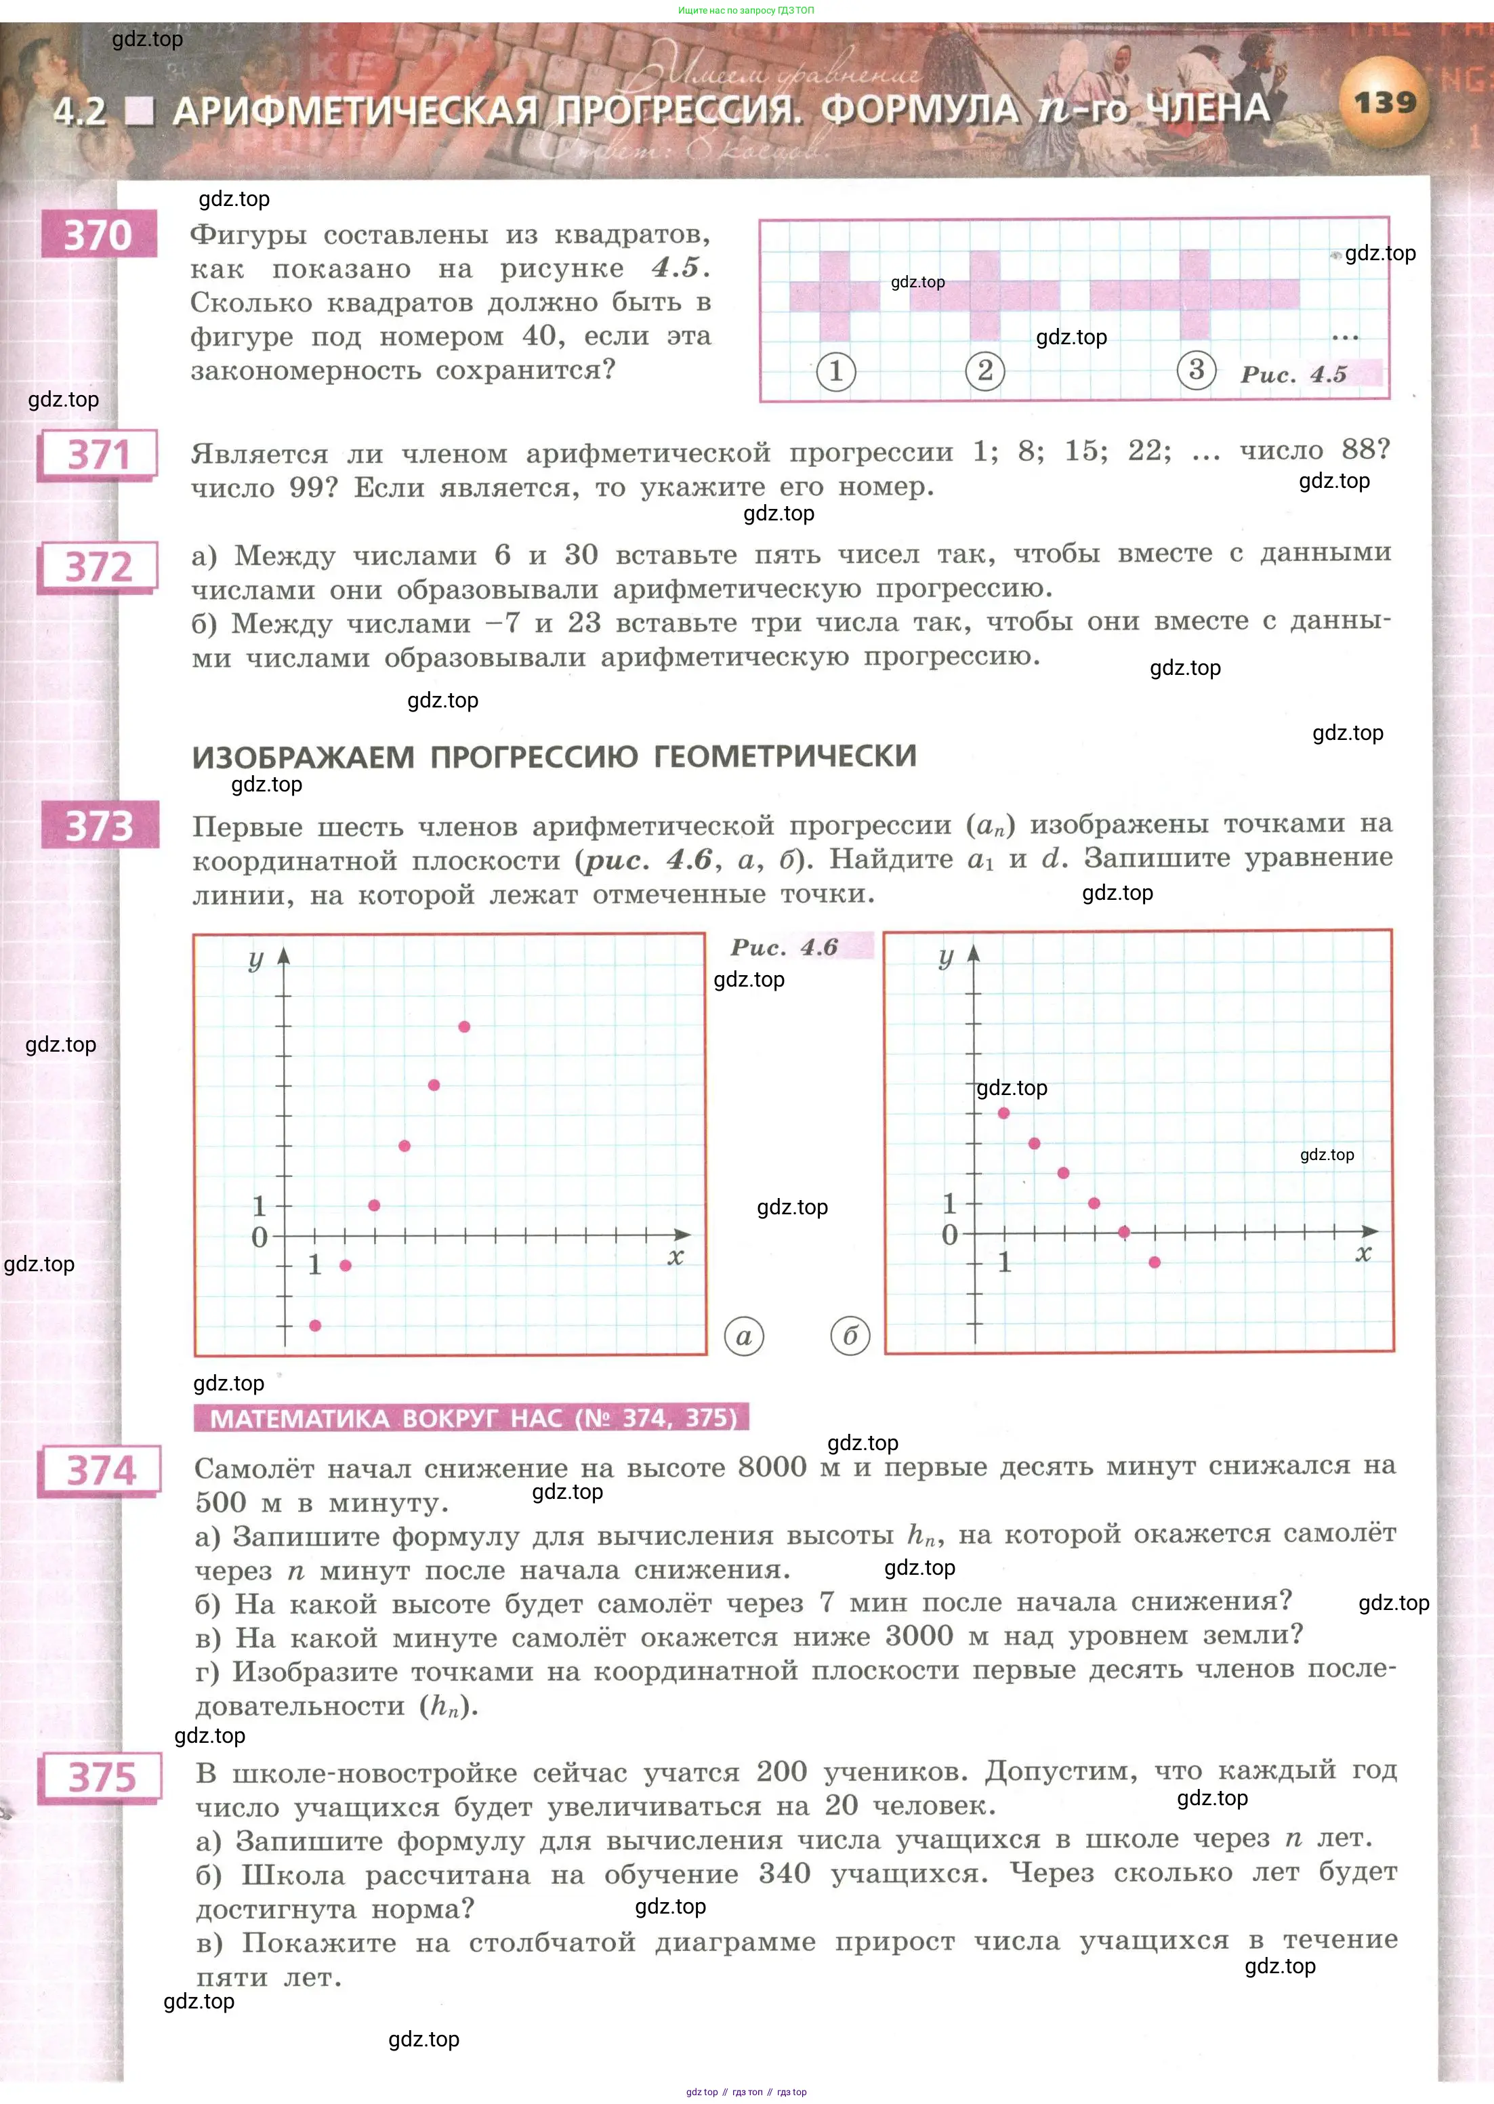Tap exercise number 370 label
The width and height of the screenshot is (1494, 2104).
[98, 236]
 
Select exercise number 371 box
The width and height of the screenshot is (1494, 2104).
[98, 455]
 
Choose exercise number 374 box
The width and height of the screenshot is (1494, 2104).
[100, 1470]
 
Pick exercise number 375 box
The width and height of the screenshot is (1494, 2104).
[101, 1777]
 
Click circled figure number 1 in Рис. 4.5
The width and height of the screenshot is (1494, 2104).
[835, 372]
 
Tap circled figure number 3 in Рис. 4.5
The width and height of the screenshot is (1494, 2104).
[1196, 371]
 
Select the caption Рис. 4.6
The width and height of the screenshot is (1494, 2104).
[784, 947]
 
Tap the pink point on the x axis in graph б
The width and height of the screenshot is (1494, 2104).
[1124, 1232]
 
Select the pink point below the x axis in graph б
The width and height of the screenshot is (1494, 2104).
[1155, 1262]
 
